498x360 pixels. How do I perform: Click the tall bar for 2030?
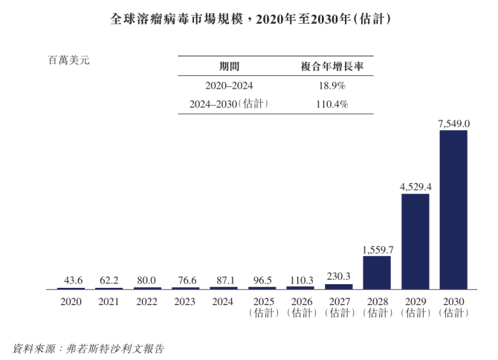(453, 210)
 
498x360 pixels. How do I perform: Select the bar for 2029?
(415, 241)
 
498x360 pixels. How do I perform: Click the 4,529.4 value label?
(415, 187)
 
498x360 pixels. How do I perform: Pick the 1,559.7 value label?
(377, 249)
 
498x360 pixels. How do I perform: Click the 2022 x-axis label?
(147, 301)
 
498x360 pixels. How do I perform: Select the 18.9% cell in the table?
(331, 86)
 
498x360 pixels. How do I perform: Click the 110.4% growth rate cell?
(331, 105)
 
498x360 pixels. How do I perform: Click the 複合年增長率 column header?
(331, 66)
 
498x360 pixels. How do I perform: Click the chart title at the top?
(249, 17)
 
